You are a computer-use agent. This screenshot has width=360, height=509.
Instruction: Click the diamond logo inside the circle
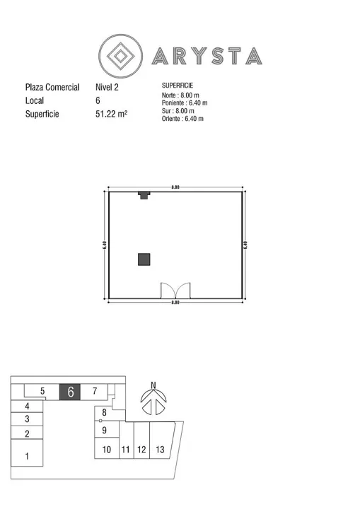point(120,56)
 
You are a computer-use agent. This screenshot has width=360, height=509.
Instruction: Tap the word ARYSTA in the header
point(207,56)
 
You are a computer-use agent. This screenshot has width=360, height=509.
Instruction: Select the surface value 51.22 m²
point(112,114)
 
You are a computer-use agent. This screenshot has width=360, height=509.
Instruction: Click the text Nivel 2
point(107,87)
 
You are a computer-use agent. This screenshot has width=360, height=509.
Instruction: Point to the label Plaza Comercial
point(52,87)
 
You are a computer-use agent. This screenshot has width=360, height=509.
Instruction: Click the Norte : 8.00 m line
point(180,95)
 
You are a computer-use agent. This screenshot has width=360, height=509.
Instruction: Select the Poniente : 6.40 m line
point(185,103)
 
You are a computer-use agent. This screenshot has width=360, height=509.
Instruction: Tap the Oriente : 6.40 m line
point(182,119)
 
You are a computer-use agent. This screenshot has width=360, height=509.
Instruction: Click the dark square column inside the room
point(144,259)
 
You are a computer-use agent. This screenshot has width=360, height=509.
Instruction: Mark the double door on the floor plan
point(176,291)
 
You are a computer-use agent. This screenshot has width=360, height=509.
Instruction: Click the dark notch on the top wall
point(144,195)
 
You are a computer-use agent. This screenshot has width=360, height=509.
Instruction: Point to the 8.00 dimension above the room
point(175,187)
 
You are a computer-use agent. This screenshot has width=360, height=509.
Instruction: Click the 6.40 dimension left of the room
point(104,245)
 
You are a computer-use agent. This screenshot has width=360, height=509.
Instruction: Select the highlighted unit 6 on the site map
point(70,392)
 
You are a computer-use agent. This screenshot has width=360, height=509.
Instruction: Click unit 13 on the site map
point(160,450)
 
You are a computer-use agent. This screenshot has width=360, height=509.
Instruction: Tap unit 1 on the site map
point(27,456)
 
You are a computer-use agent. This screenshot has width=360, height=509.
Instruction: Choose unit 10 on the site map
point(107,450)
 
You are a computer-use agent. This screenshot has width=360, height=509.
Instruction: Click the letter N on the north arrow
point(153,385)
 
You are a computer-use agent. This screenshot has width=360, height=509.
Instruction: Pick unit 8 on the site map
point(104,413)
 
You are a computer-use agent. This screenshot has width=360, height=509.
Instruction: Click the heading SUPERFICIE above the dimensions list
point(178,86)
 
